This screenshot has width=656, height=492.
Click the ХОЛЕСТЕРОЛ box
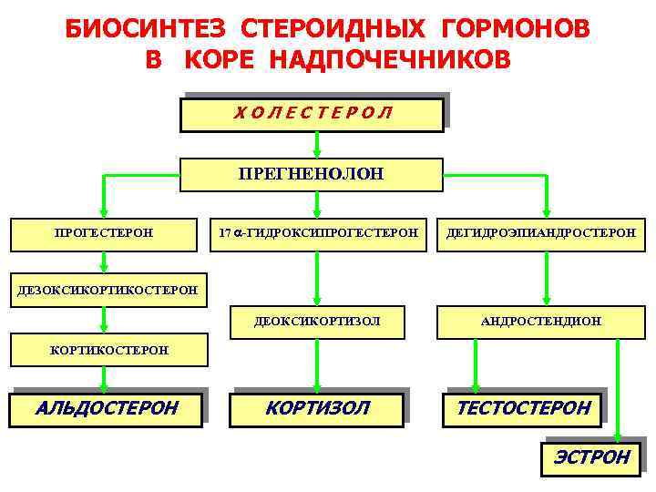pos(312,114)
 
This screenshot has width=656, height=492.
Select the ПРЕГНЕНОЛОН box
pos(311,174)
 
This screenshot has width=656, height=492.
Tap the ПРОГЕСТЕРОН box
pos(103,233)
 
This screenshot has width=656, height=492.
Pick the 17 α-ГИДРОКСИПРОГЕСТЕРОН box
pos(317,233)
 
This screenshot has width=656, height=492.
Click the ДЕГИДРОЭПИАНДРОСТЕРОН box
pos(540,233)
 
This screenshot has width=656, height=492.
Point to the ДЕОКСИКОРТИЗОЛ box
pos(317,321)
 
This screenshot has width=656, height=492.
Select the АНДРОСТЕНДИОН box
pos(540,321)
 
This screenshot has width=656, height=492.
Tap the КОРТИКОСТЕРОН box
pos(97,350)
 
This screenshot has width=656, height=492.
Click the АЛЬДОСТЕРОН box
pos(106,407)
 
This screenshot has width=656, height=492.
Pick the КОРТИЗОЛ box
pos(317,407)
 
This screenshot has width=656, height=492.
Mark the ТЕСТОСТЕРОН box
pos(523,407)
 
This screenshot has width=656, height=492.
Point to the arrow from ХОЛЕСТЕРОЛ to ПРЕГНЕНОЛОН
pos(316,145)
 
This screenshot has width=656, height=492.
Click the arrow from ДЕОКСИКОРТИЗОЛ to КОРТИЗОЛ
pos(316,364)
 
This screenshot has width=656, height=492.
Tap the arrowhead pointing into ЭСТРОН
pos(619,437)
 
